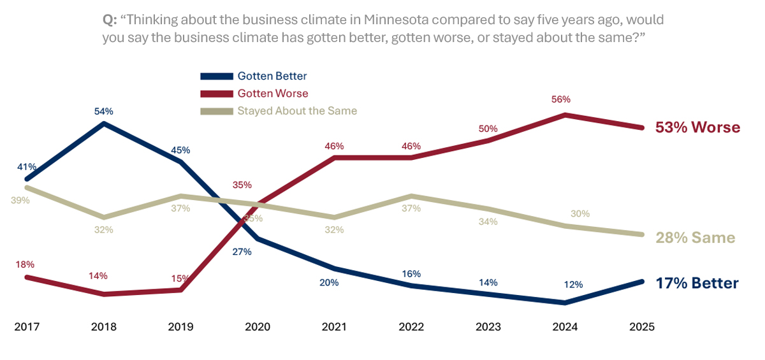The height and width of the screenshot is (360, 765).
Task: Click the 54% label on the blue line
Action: click(x=104, y=112)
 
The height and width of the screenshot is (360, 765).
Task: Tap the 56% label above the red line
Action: click(x=562, y=99)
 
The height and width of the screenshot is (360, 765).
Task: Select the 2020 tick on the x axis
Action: click(x=258, y=327)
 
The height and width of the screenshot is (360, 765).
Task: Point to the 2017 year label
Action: click(x=27, y=327)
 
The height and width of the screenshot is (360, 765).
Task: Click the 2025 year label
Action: click(x=641, y=327)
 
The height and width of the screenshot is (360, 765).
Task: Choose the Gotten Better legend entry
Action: click(x=272, y=76)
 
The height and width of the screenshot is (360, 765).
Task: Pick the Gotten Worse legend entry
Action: click(x=272, y=93)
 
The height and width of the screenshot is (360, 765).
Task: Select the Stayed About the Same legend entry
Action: click(x=296, y=111)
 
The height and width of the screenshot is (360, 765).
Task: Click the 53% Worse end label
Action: click(x=697, y=127)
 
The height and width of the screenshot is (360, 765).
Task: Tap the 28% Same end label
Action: click(x=695, y=238)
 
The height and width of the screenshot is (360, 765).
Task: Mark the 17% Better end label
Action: click(x=697, y=284)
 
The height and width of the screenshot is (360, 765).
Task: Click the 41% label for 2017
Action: click(x=27, y=167)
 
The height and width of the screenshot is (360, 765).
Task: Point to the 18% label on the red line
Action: click(x=25, y=264)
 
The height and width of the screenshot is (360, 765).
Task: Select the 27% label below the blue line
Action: click(x=242, y=252)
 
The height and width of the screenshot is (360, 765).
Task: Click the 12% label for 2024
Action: click(x=573, y=285)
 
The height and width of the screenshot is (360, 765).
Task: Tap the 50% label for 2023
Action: click(x=488, y=129)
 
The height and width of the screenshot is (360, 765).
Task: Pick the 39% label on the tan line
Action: click(x=20, y=200)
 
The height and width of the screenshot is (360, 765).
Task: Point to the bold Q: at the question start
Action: click(x=110, y=20)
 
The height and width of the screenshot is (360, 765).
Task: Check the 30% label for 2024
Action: click(x=580, y=213)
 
